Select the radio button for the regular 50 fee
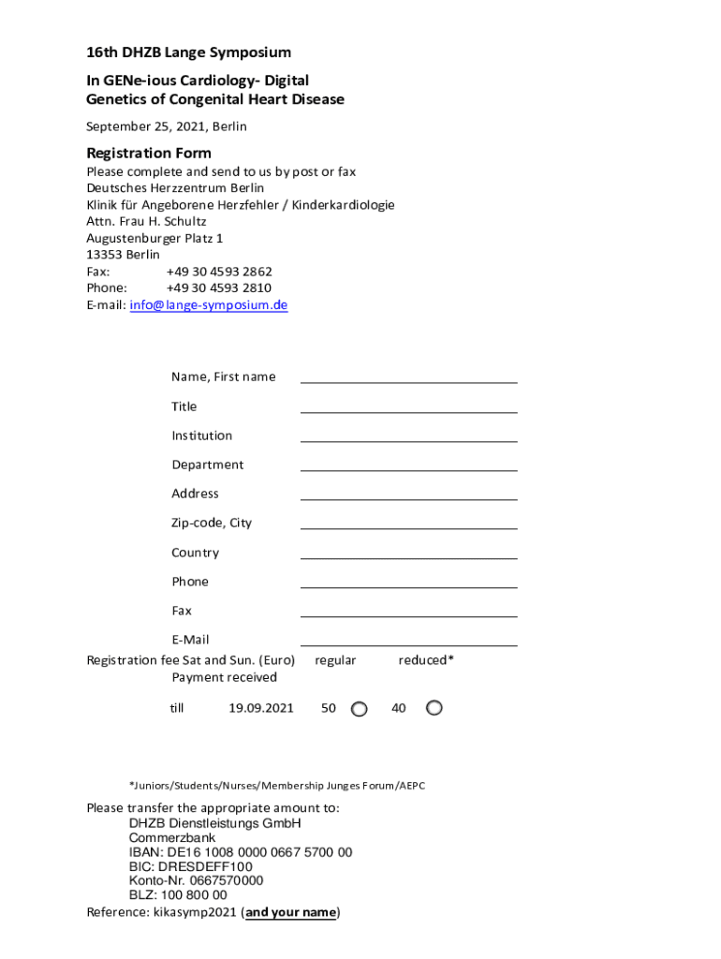(x=359, y=709)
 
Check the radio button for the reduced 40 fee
(x=434, y=708)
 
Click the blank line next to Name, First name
(x=408, y=376)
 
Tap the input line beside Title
(x=408, y=406)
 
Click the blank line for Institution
(x=408, y=435)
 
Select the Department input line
(x=408, y=465)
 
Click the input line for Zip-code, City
(x=408, y=523)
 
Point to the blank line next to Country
(x=408, y=553)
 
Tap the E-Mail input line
(x=408, y=640)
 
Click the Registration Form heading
(x=149, y=153)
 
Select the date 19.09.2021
(x=261, y=708)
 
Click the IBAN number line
(x=241, y=852)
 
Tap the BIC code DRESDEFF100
(x=190, y=866)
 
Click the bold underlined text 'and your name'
(x=290, y=912)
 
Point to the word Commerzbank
(x=172, y=838)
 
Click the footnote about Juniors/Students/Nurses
(x=277, y=786)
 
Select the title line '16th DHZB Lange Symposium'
(x=189, y=52)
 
